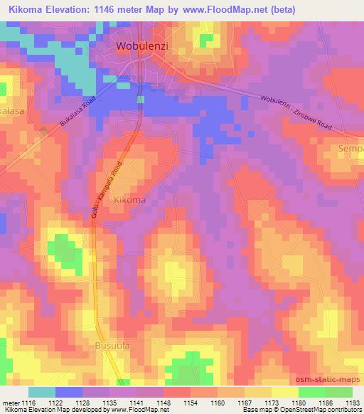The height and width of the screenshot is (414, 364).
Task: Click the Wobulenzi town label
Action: [x=142, y=47]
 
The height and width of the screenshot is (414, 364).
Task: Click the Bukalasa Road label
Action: [x=77, y=113]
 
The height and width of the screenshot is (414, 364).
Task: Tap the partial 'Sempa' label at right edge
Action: [x=350, y=150]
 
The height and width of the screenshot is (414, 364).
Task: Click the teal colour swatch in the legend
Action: [x=42, y=392]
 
